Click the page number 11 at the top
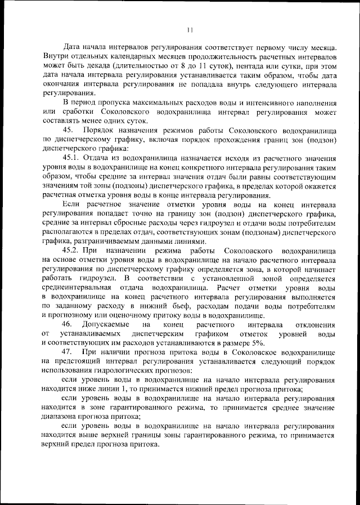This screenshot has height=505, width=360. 190,30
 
